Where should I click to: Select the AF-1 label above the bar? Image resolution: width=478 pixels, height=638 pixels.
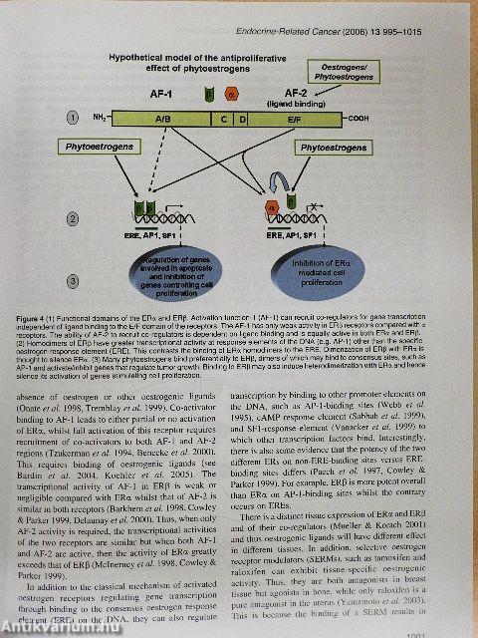pyautogui.click(x=154, y=88)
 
